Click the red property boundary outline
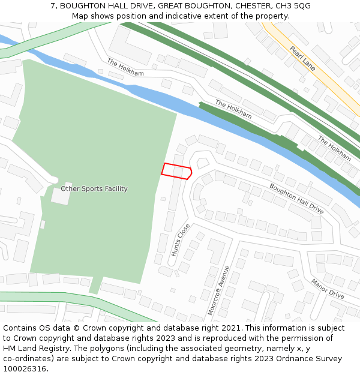tap(176, 171)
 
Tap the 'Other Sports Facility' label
tap(94, 189)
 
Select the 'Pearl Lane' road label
tap(302, 58)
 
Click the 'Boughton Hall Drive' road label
tap(296, 199)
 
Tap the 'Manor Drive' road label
tap(328, 289)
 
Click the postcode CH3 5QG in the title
tap(295, 5)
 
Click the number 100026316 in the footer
tap(24, 369)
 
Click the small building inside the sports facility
tap(61, 197)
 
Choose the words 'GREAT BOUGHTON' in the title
tap(182, 5)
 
